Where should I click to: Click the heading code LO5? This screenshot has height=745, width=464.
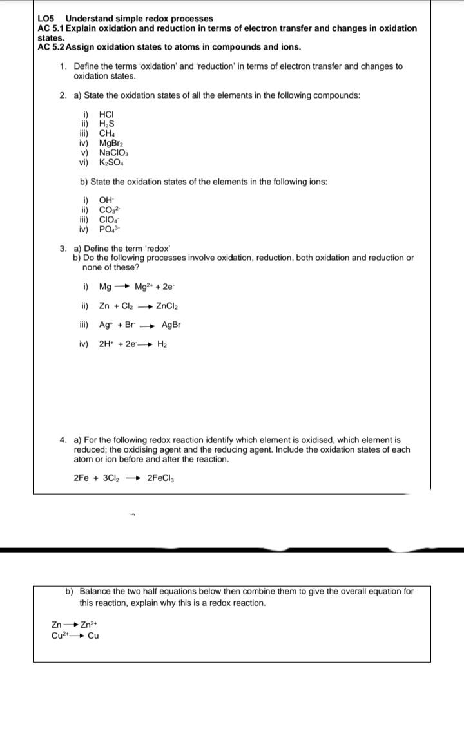[48, 18]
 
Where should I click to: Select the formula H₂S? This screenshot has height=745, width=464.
[106, 124]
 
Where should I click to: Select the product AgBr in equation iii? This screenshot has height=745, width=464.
[171, 325]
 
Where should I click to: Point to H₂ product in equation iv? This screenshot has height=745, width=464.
[162, 344]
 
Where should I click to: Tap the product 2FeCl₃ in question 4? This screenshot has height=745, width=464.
[162, 478]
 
